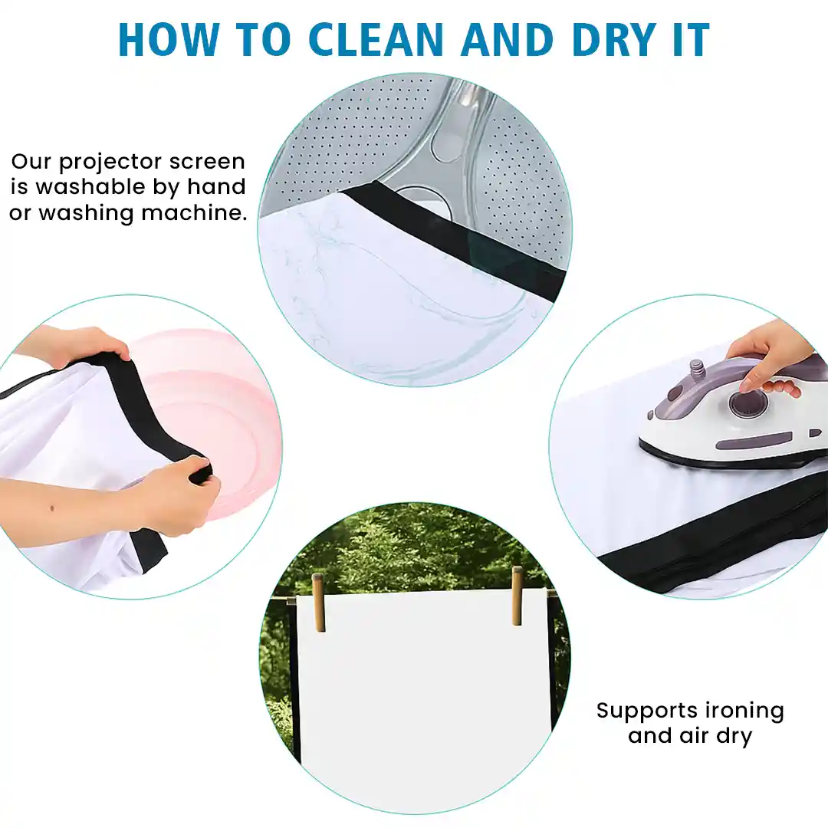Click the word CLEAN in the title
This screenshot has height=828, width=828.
376,40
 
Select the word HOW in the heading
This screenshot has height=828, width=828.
169,40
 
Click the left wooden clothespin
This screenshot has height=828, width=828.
318,602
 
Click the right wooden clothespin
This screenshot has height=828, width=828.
517,596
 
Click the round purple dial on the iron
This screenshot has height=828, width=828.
749,403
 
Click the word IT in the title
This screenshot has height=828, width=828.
691,40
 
